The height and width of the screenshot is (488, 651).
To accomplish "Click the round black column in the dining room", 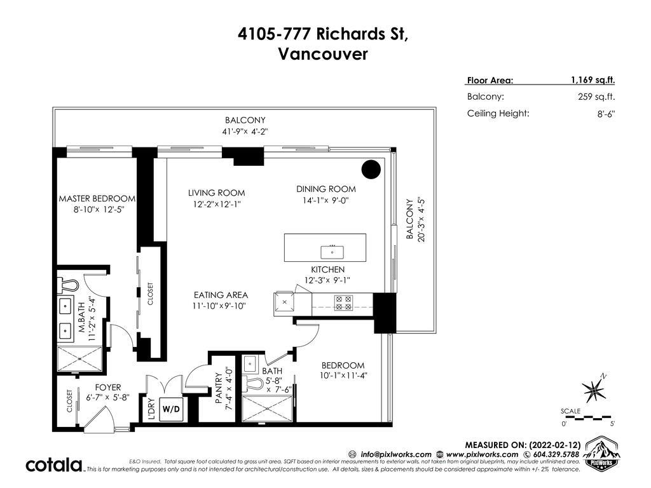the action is click(x=371, y=169).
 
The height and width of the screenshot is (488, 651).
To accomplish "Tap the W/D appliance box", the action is click(x=171, y=409).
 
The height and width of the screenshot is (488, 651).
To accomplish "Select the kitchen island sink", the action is click(x=332, y=252).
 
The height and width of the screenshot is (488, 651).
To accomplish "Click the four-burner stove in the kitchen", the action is click(x=344, y=303).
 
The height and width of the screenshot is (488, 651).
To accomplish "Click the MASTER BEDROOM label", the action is click(x=97, y=199).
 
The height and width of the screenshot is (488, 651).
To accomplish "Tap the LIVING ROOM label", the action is click(x=216, y=193).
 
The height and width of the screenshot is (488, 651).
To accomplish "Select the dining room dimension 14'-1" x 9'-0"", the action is click(x=326, y=200).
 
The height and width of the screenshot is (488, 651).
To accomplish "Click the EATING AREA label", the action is click(x=221, y=295).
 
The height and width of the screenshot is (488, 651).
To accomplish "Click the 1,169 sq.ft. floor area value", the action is click(x=593, y=80).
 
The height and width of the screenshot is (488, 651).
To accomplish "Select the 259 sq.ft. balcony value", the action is click(x=596, y=97).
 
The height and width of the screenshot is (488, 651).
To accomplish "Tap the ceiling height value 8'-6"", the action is click(x=606, y=114).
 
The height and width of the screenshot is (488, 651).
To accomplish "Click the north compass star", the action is click(x=594, y=389).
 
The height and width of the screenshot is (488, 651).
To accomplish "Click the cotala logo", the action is click(x=55, y=464).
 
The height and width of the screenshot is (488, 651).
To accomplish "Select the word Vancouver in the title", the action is click(x=323, y=54).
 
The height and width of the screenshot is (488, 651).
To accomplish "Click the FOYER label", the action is click(x=108, y=388).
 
